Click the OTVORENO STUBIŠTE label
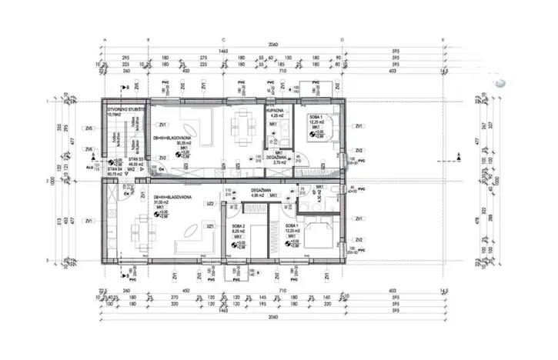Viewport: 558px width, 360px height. pos(121,109)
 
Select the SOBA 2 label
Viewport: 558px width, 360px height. pos(238,225)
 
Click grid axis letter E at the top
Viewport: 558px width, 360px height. pos(442,38)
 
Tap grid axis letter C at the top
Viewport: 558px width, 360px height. pos(223,38)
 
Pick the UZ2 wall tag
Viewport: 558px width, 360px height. pos(209,204)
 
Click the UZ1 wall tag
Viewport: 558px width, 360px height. pos(209,226)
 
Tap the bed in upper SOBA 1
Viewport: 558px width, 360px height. pos(316,132)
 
